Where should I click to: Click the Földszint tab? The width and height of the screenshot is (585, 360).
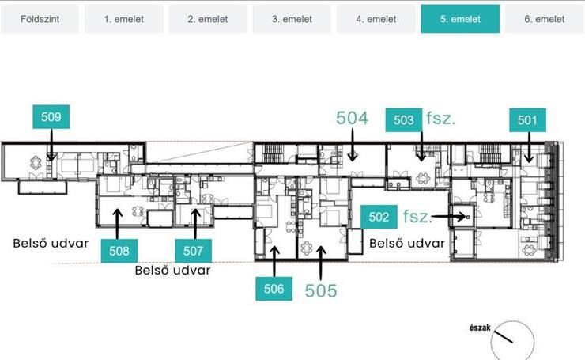[x=40, y=19]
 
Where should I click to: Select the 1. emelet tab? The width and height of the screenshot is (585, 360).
[x=123, y=19]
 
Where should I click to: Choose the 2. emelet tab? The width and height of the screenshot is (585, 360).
[x=208, y=19]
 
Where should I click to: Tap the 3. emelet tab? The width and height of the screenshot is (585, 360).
[x=292, y=19]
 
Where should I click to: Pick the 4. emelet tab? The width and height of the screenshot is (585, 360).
[x=376, y=19]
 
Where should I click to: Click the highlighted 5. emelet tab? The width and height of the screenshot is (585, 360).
[x=460, y=19]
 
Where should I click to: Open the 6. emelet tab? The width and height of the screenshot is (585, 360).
[x=545, y=19]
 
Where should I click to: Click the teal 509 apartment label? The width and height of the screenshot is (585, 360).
[x=51, y=117]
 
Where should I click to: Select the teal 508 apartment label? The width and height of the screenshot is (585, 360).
[x=119, y=251]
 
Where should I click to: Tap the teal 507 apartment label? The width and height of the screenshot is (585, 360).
[x=193, y=251]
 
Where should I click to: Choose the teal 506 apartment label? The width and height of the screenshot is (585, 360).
[x=274, y=289]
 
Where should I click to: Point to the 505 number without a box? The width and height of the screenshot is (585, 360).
[x=321, y=290]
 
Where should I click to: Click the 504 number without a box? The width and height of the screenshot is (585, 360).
[x=353, y=118]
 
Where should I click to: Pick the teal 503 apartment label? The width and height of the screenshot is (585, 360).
[x=404, y=120]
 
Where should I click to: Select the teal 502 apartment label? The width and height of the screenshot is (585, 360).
[x=379, y=217]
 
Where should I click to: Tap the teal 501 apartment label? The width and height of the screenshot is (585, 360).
[x=527, y=120]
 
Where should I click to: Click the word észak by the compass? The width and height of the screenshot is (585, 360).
[x=480, y=328]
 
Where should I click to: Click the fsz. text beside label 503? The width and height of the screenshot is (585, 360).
[x=440, y=119]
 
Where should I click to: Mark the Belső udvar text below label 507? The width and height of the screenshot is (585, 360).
[x=173, y=270]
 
